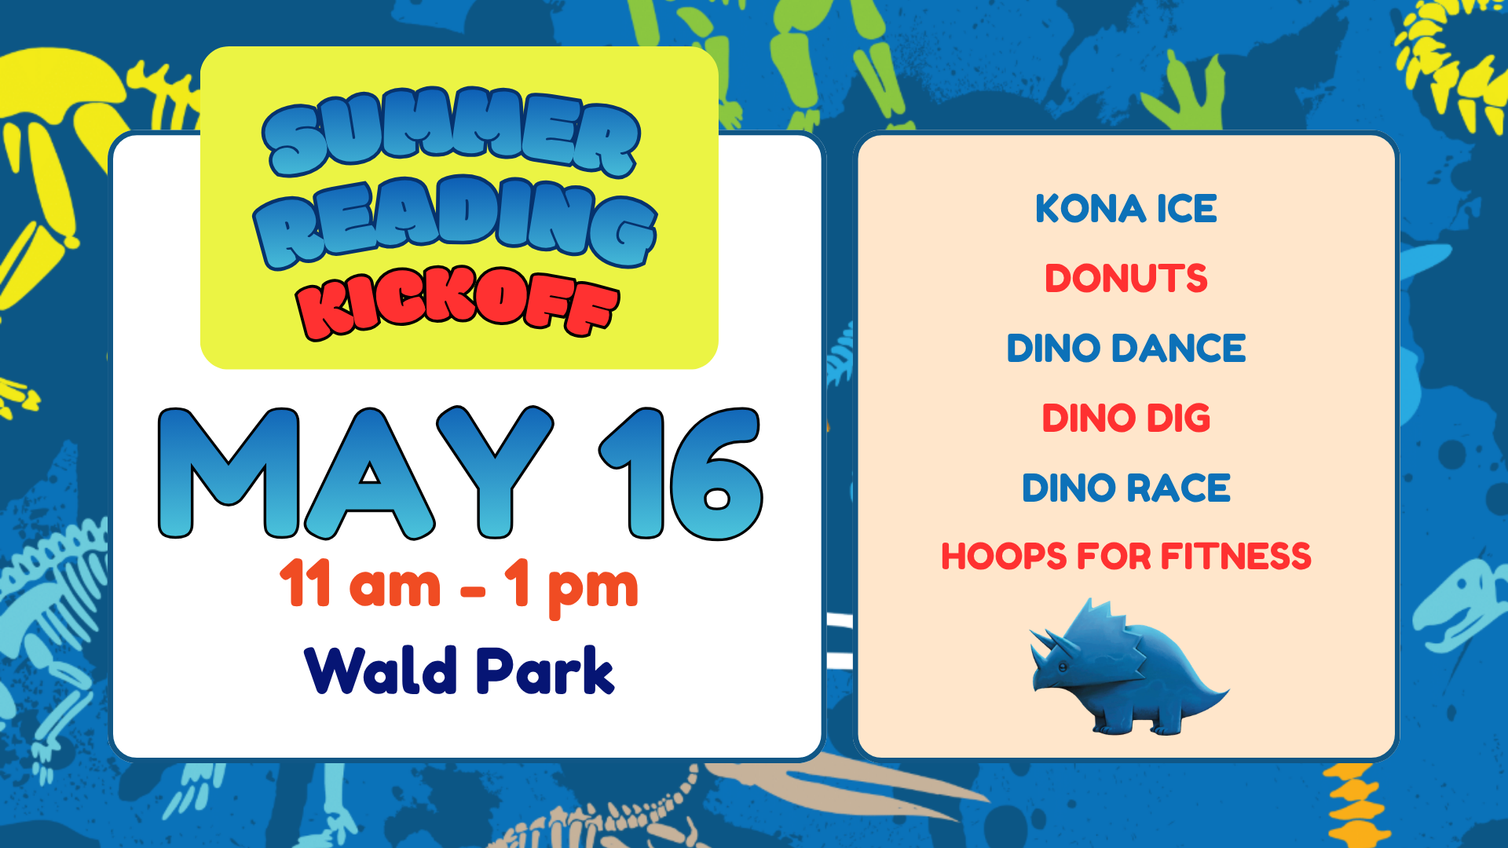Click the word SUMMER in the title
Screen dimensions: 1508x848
click(452, 132)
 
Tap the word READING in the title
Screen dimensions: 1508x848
click(455, 221)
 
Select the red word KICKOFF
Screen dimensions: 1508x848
click(458, 303)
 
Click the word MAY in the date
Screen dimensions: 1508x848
click(356, 473)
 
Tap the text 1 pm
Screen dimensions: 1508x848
click(571, 587)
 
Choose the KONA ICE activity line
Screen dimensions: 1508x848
click(1126, 209)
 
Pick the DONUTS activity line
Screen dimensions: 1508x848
click(1126, 279)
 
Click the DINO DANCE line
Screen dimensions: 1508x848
click(1126, 349)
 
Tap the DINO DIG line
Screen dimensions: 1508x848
click(1126, 419)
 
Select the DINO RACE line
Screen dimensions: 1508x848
click(1126, 488)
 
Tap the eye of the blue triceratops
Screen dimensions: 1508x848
click(1061, 667)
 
